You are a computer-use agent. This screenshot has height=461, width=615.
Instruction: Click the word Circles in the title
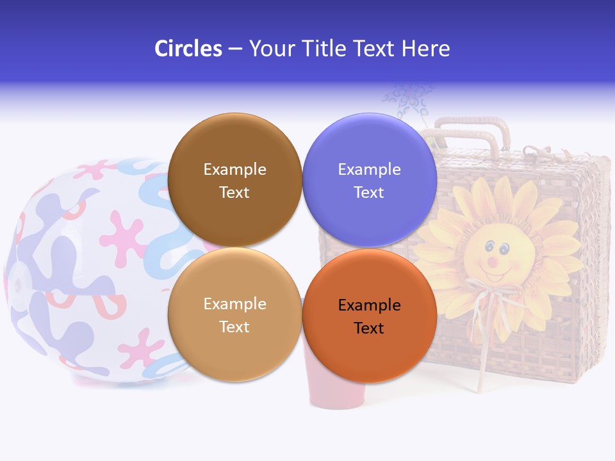(x=188, y=49)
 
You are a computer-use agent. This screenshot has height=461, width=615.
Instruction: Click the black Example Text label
(x=369, y=316)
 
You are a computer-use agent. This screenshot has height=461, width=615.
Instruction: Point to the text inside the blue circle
(x=369, y=181)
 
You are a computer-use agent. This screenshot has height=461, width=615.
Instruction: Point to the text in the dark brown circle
(x=234, y=181)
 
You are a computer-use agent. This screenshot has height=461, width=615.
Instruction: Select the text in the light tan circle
(x=234, y=315)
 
